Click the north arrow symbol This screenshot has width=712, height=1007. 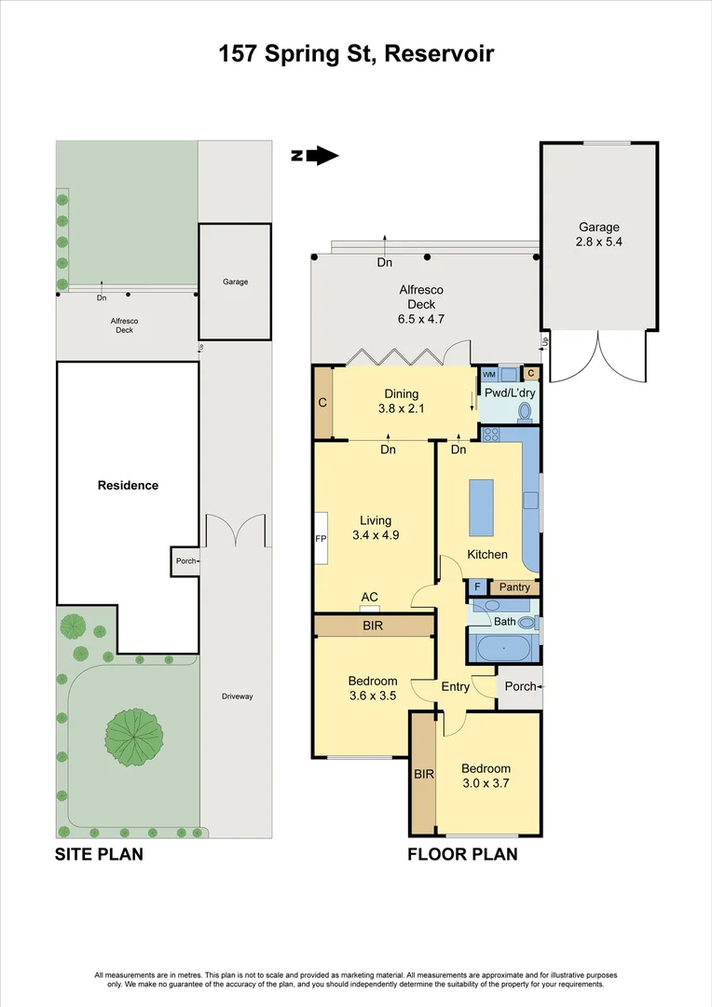[x=315, y=156]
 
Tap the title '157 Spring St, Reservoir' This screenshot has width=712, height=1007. [x=356, y=54]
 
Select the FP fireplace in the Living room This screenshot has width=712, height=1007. [x=321, y=538]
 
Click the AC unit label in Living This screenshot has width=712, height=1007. [x=369, y=598]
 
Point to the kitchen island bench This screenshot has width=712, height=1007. [x=481, y=507]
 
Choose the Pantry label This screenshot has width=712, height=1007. [x=514, y=587]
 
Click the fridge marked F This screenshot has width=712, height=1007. [x=477, y=587]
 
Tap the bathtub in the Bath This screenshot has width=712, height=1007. [x=503, y=647]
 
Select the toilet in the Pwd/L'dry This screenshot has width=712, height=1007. [x=524, y=410]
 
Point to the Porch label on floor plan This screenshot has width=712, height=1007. [x=520, y=686]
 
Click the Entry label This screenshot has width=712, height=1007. [x=456, y=687]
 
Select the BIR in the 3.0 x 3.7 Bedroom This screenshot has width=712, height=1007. [x=423, y=774]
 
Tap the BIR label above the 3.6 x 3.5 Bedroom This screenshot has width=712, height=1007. [x=373, y=626]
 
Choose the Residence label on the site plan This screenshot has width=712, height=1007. [x=128, y=485]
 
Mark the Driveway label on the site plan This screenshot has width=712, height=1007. [x=238, y=697]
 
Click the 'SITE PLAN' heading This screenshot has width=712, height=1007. [x=99, y=853]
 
